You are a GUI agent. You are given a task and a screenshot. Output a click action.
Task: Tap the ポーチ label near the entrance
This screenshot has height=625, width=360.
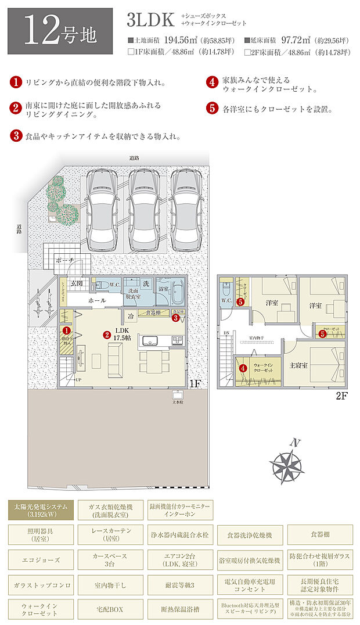[x=65, y=261]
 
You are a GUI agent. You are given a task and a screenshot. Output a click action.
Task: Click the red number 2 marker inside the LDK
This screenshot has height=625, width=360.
[x=107, y=335]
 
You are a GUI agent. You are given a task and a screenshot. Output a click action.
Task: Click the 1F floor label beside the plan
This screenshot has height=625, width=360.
[x=195, y=384]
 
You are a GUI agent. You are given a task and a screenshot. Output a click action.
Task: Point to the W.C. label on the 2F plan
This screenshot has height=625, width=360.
[x=226, y=300]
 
